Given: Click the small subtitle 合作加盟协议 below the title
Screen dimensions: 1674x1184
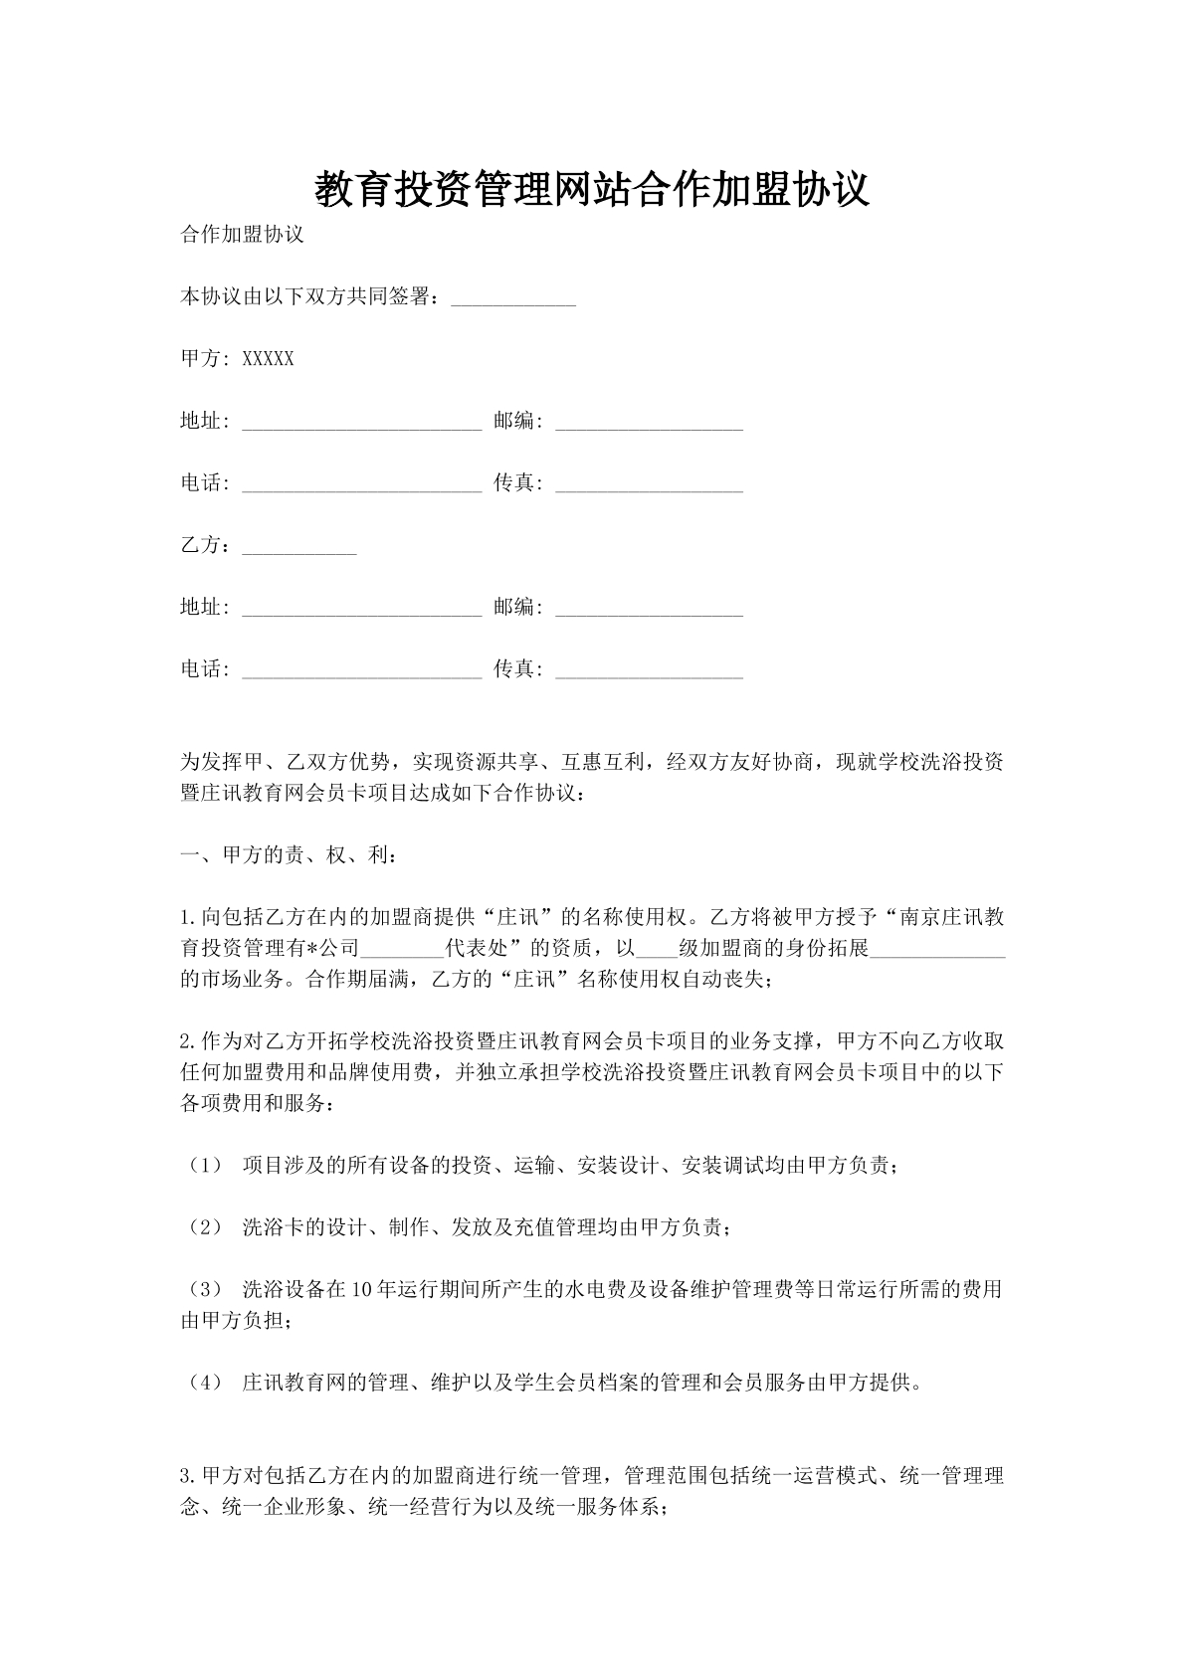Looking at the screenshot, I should (x=241, y=235).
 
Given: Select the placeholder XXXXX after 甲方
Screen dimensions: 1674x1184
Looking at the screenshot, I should (x=268, y=359).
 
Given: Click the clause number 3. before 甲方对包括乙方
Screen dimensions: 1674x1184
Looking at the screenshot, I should (x=188, y=1475).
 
